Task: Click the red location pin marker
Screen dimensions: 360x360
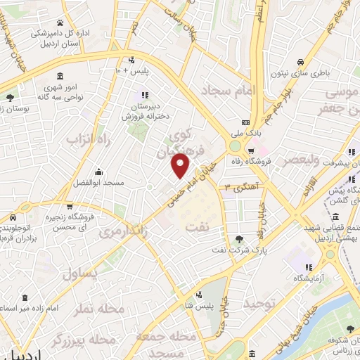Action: (x=181, y=165)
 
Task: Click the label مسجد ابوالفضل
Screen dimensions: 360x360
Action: (x=99, y=183)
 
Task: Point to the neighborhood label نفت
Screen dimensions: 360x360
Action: (x=196, y=226)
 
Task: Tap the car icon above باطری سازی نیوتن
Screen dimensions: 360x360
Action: (x=300, y=61)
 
